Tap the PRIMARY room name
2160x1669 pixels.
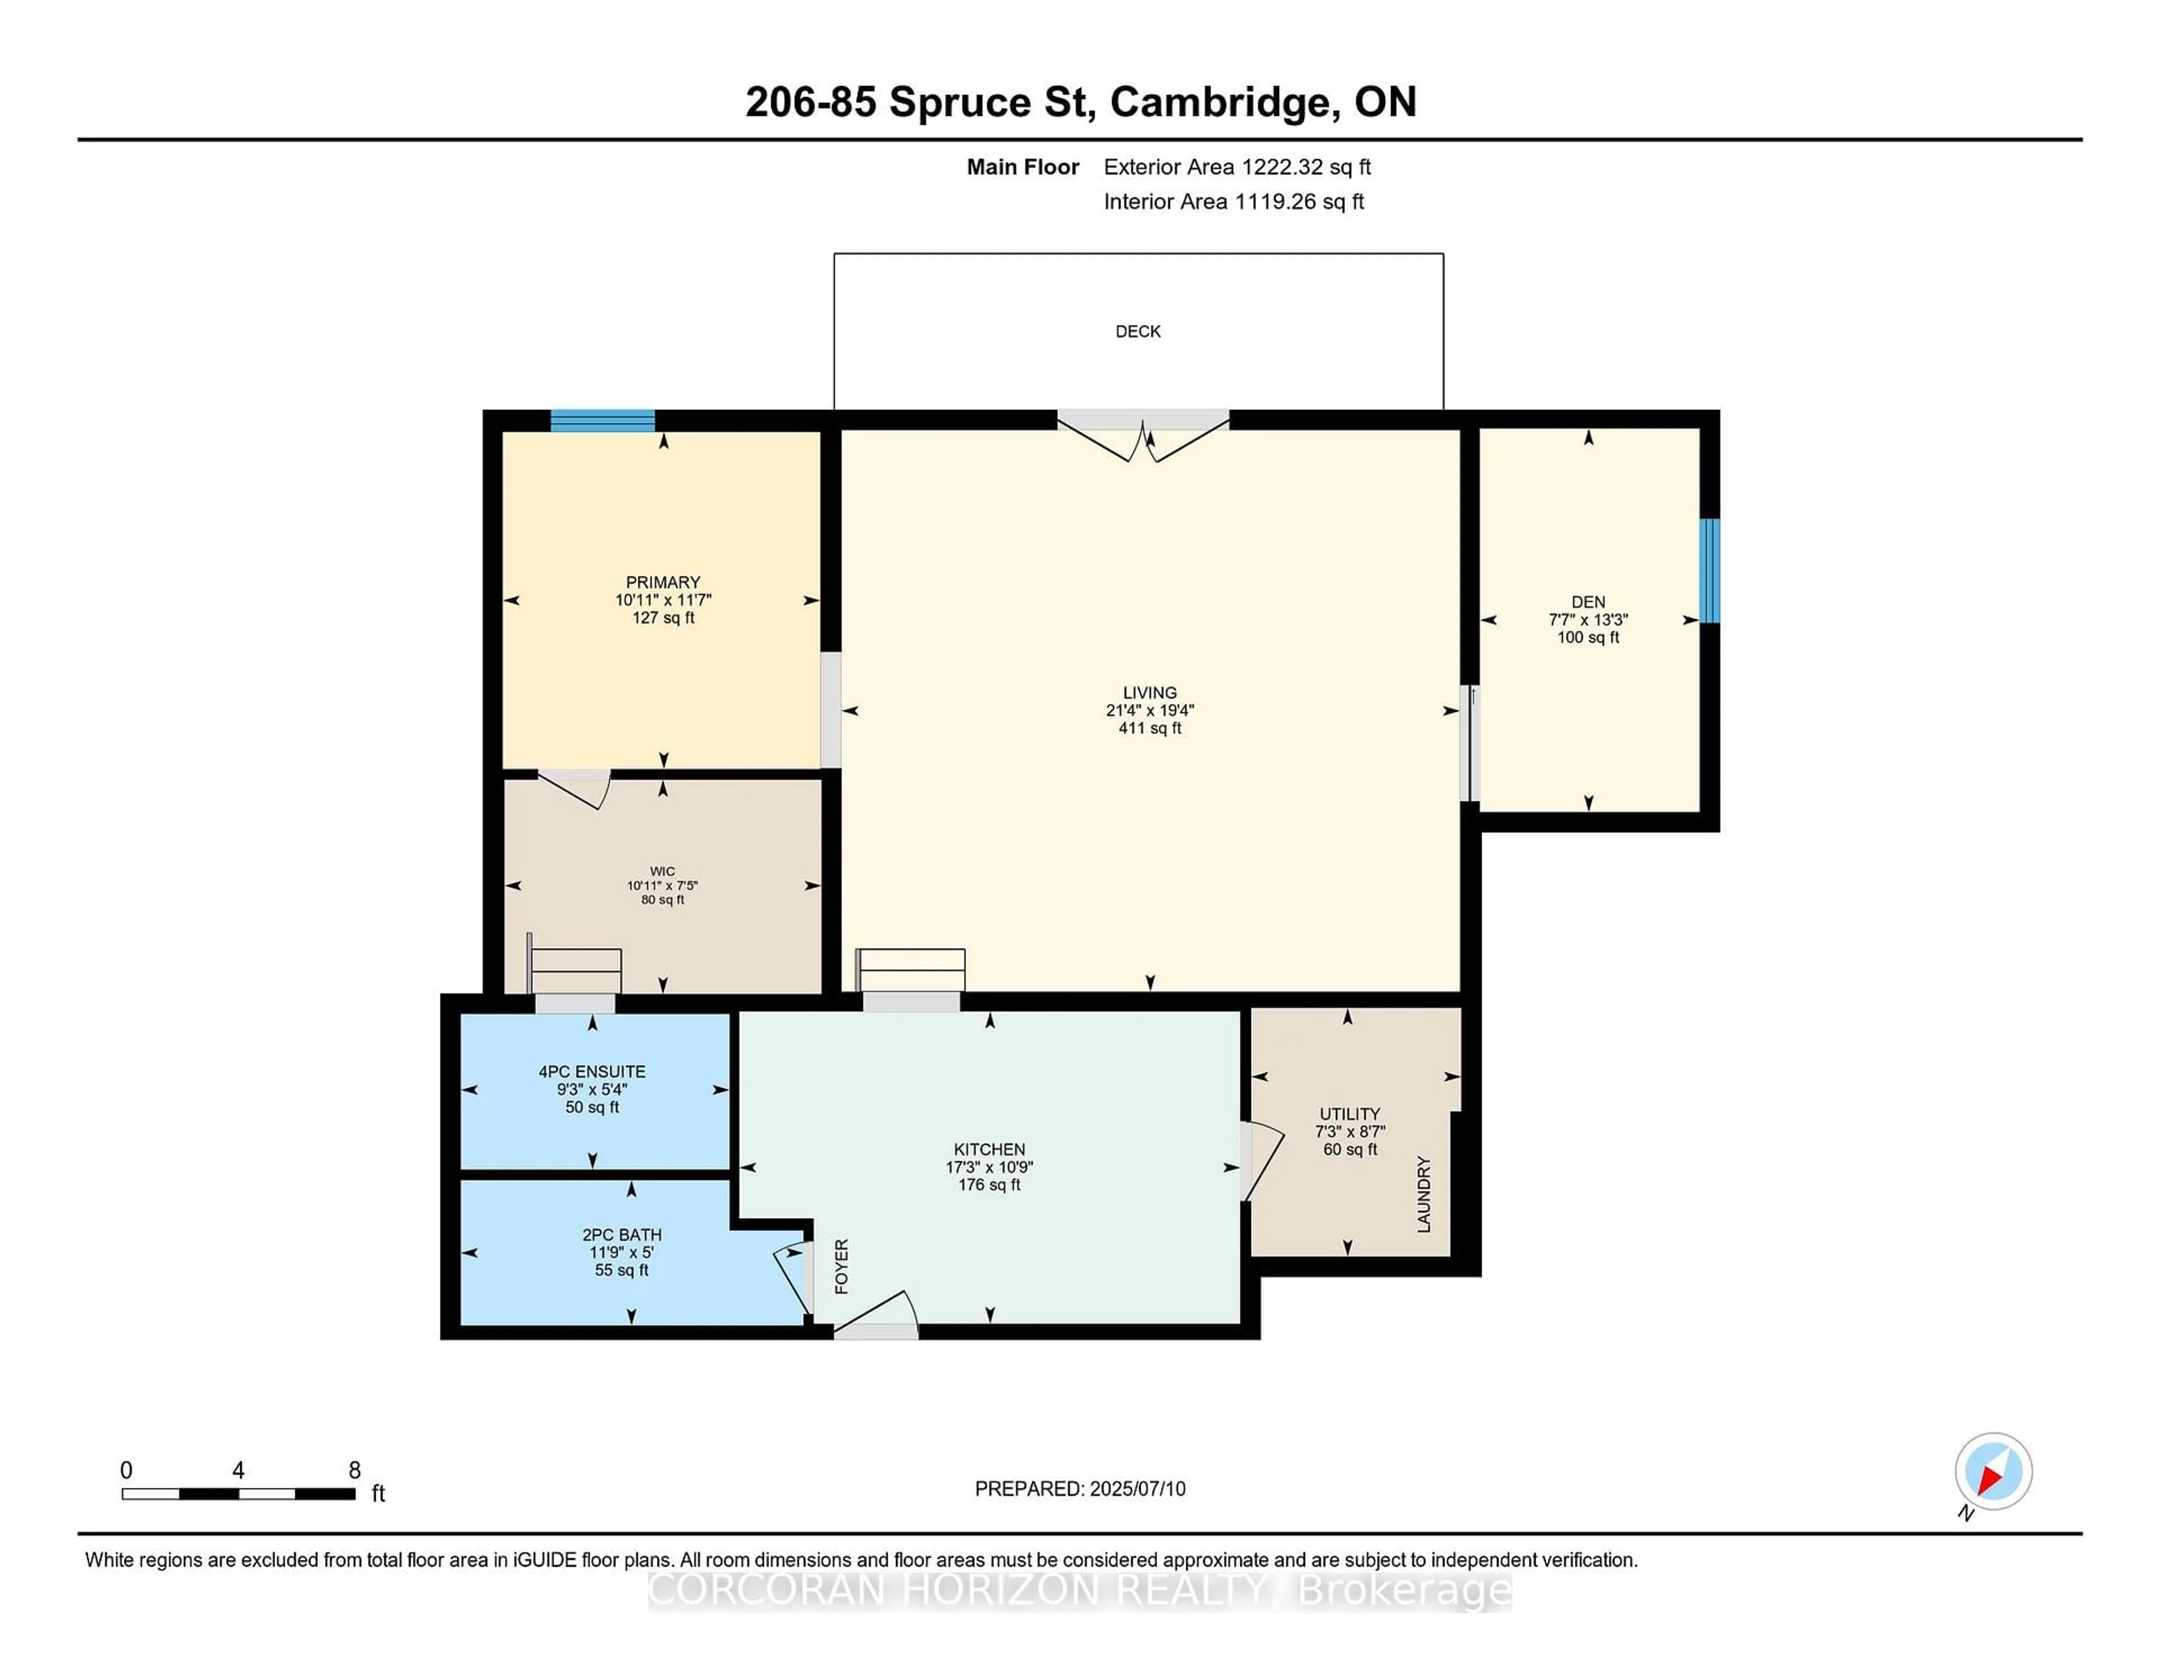click(663, 583)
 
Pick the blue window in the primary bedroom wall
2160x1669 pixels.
click(602, 420)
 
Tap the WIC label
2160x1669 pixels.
click(663, 871)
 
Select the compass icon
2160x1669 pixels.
click(1993, 1471)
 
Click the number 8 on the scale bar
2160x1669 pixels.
click(354, 1470)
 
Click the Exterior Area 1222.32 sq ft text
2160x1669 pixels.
click(1237, 167)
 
